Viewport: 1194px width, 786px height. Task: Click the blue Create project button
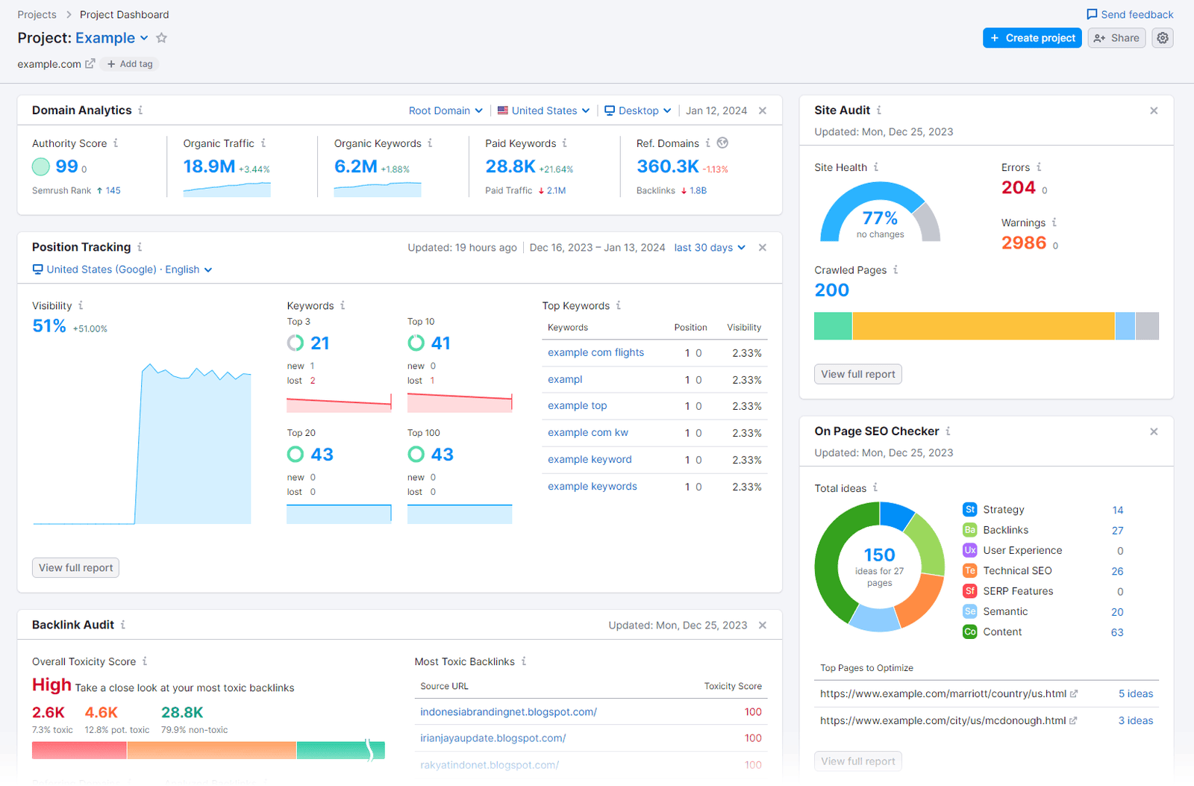coord(1031,38)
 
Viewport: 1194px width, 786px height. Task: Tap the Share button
coord(1116,38)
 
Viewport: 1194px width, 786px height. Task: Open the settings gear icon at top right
coord(1163,38)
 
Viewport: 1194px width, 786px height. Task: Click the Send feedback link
coord(1130,14)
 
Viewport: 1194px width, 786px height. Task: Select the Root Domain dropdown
coord(446,110)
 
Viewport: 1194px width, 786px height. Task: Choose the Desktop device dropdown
coord(637,110)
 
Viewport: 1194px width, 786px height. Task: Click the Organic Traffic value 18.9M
coord(209,166)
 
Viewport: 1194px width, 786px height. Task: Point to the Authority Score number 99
coord(66,166)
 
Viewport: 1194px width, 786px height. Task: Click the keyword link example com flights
coord(596,352)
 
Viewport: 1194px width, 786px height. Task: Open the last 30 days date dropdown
coord(709,248)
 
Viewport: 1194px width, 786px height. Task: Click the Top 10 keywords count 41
coord(440,343)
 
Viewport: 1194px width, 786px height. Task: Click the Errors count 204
coord(1018,188)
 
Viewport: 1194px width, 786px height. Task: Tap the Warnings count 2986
coord(1023,243)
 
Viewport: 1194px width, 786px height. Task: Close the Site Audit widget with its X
coord(1154,110)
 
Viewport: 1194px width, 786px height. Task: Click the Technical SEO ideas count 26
coord(1116,571)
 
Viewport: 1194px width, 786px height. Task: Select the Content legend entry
coord(1001,631)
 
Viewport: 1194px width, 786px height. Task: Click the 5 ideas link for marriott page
coord(1135,693)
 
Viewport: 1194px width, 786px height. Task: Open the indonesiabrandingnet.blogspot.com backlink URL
coord(508,712)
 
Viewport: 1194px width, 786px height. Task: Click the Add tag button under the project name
coord(131,64)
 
